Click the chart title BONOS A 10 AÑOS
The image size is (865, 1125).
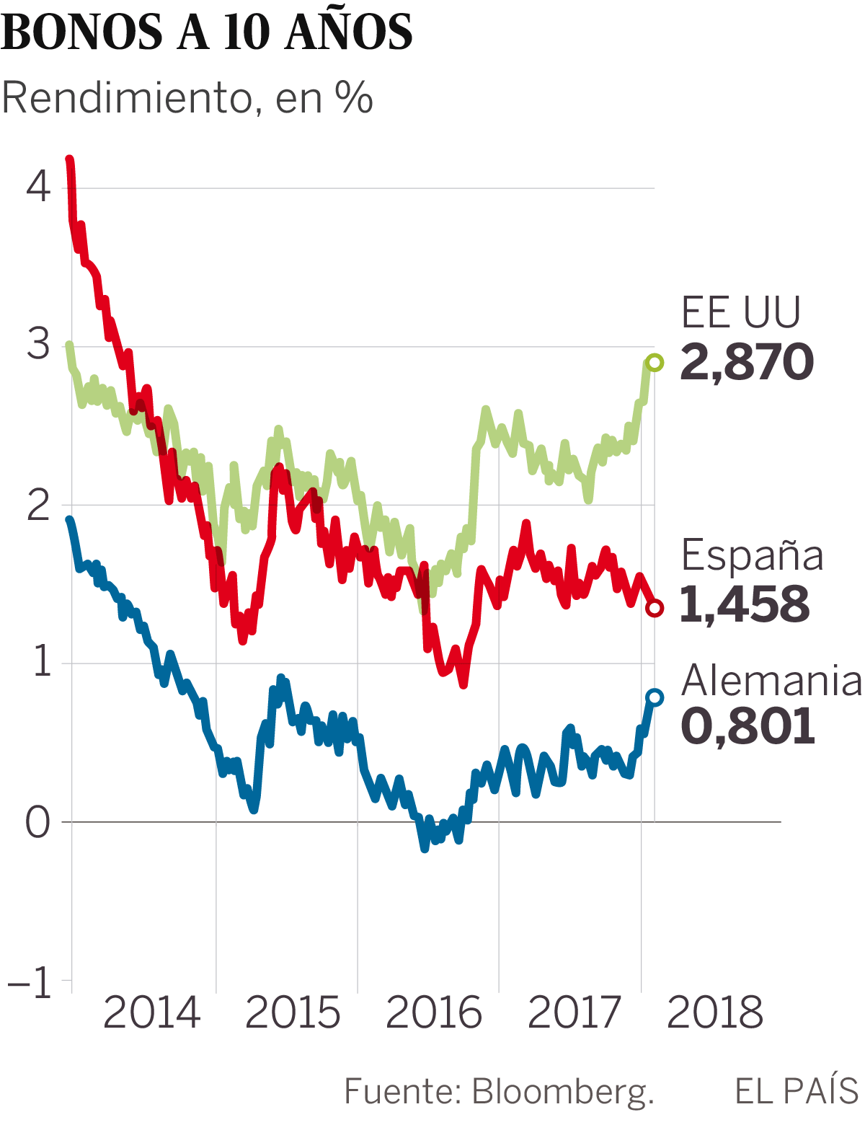point(208,32)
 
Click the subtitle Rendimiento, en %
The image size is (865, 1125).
point(187,98)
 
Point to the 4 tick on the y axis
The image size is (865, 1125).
point(39,187)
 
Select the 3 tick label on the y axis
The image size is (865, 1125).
point(39,345)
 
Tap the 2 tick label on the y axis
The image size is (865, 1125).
point(39,505)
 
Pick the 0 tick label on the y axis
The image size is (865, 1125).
point(39,822)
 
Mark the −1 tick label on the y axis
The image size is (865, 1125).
point(30,982)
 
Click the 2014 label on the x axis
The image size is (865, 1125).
point(151,1013)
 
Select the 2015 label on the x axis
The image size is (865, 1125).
point(293,1013)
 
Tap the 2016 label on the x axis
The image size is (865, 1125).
point(434,1013)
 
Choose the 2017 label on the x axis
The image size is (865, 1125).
point(575,1013)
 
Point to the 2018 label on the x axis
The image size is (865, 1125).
point(715,1013)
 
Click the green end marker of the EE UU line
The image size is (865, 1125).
point(655,363)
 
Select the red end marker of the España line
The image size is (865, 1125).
point(655,608)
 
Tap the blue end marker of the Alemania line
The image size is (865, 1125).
point(655,697)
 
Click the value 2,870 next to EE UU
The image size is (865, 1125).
point(747,363)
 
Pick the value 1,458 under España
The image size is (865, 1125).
point(745,604)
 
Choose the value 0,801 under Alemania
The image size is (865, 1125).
point(748,727)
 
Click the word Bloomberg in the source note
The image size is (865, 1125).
point(562,1092)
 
